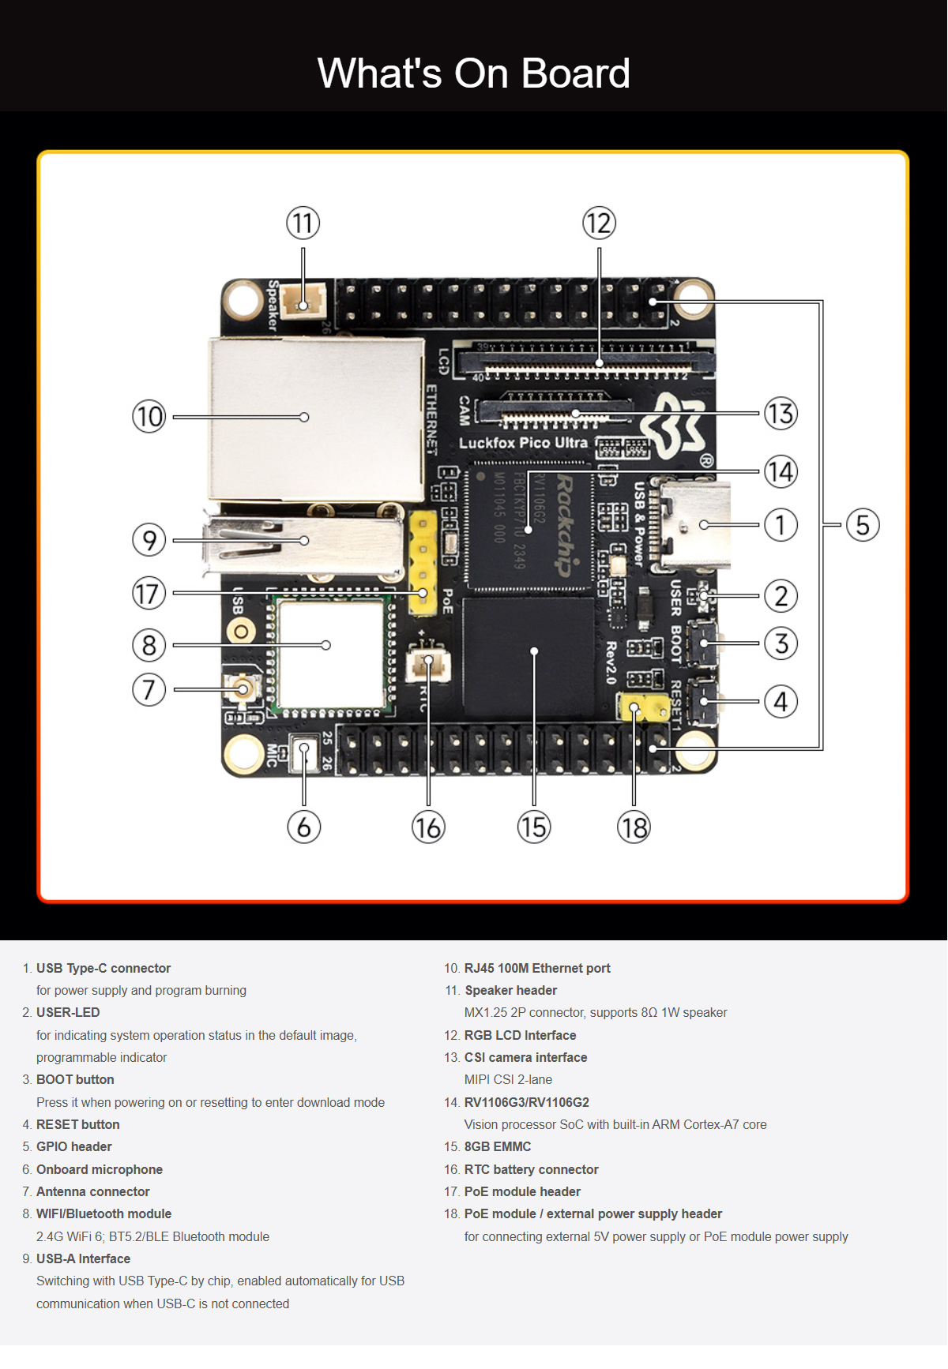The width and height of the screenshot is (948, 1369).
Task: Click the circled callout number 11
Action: point(303,223)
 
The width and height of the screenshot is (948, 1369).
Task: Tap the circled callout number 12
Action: point(599,223)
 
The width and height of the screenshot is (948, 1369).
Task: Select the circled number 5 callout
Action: point(863,525)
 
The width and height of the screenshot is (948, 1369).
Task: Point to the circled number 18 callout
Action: point(634,827)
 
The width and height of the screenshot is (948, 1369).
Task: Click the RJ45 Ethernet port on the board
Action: point(316,418)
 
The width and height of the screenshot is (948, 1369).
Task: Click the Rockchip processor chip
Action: point(529,525)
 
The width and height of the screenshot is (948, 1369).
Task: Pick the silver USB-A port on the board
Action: point(304,543)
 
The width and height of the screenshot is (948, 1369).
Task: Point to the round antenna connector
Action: point(243,689)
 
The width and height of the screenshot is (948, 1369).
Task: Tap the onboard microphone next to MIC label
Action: point(303,754)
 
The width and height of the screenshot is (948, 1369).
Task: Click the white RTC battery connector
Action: point(428,665)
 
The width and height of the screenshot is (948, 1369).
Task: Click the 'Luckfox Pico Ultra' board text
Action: point(523,443)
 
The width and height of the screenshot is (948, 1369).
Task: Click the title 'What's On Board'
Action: point(474,73)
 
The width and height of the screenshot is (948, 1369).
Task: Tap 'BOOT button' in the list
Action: point(75,1079)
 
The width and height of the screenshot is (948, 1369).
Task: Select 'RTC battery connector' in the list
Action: point(531,1169)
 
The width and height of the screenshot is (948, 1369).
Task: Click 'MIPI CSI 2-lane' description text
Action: point(508,1079)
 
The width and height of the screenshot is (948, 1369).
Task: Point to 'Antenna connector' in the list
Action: point(92,1191)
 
